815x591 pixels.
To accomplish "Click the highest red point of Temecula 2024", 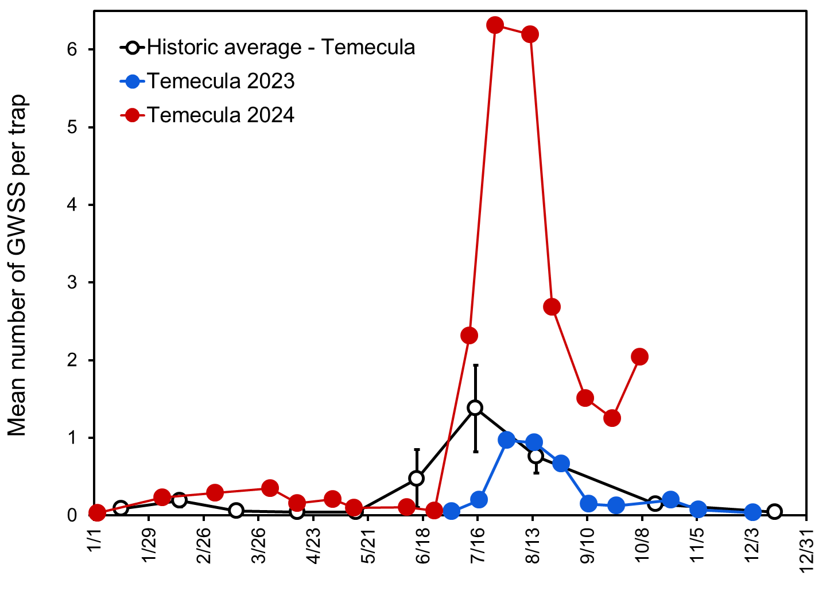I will (495, 25).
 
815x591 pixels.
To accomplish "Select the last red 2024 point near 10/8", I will (639, 357).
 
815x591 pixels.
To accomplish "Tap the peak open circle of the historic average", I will (475, 408).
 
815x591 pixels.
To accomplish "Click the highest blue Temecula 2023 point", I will (507, 440).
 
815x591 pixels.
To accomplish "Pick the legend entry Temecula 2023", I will (220, 81).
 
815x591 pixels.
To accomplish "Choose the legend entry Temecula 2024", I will (220, 115).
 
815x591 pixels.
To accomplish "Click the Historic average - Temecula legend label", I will (281, 47).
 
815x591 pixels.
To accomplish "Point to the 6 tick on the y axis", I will (72, 50).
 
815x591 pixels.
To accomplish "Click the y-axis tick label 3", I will (72, 283).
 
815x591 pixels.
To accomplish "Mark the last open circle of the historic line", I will (774, 512).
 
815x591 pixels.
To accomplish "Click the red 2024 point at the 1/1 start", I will (97, 513).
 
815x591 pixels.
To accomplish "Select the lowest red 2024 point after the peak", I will (612, 418).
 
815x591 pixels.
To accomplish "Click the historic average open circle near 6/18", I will (417, 478).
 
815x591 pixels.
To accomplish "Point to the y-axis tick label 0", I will (72, 515).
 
